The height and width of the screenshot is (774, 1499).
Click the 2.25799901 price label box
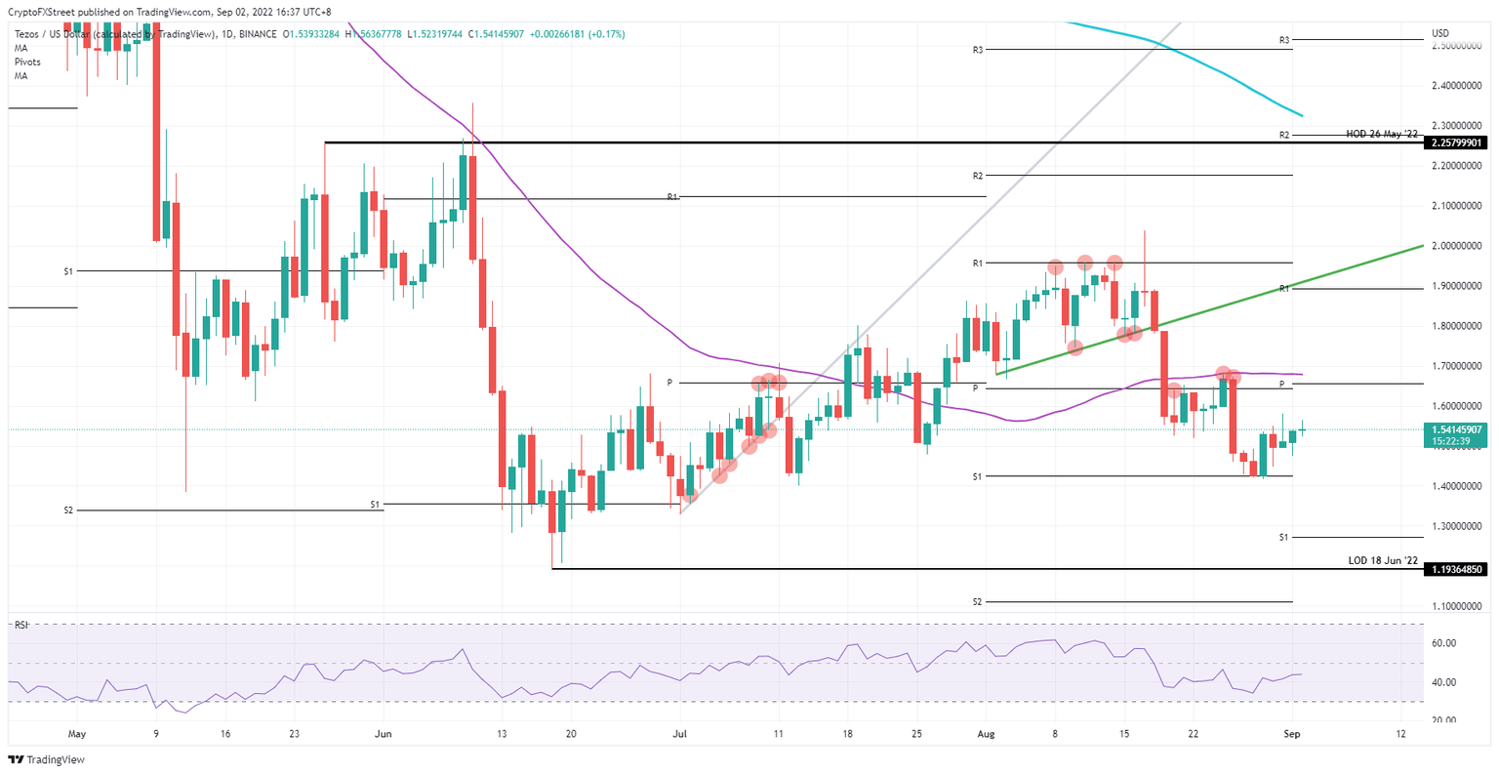coord(1457,143)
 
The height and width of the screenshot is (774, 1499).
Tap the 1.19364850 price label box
coord(1457,569)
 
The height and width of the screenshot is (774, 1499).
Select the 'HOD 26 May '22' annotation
coord(1381,134)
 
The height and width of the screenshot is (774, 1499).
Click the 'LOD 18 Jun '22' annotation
coord(1382,560)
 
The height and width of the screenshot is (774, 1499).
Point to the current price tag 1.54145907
coord(1457,429)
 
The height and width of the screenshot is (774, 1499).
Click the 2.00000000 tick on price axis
coord(1457,246)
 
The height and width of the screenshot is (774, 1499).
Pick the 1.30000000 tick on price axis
coord(1457,526)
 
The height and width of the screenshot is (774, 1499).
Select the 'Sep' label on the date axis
coord(1293,732)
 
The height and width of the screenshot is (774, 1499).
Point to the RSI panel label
coord(19,625)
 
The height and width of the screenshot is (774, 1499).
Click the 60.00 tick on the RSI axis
coord(1443,643)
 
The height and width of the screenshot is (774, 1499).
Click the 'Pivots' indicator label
coord(27,61)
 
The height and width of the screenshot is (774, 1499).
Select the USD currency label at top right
coord(1439,33)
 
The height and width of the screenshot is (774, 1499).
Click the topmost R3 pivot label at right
coord(1285,40)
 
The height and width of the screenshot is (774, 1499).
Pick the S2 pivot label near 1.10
coord(977,602)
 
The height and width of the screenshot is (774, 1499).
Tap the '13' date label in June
coord(501,732)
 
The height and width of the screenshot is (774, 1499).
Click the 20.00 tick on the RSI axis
coord(1443,720)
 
